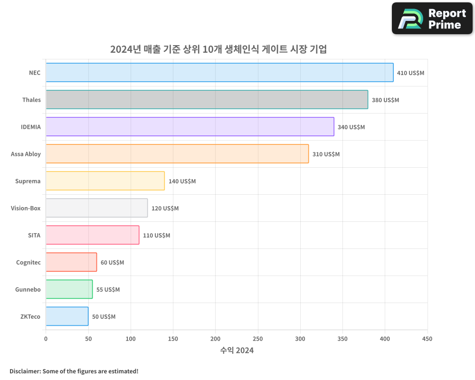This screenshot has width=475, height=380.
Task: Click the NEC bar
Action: [x=219, y=73]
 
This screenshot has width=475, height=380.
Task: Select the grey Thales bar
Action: [x=207, y=100]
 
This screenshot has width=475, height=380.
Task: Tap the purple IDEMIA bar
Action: [x=190, y=127]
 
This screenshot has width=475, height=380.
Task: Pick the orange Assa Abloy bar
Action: [x=177, y=154]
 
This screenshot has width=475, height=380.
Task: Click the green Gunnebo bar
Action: [x=69, y=289]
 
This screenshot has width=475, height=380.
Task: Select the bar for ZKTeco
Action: [x=67, y=316]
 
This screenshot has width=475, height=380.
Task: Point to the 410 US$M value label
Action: [x=410, y=73]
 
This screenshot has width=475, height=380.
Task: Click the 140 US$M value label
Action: [x=182, y=181]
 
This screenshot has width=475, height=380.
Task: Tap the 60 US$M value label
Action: [x=112, y=263]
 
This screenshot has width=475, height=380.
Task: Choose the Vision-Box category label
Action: [x=26, y=208]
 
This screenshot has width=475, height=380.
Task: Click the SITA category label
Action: [x=34, y=235]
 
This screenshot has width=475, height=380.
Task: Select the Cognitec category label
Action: [x=28, y=262]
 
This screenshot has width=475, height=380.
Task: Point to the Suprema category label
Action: [x=28, y=181]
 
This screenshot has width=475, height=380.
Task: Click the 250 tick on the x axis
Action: [x=258, y=339]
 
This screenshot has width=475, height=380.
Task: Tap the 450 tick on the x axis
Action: [x=427, y=339]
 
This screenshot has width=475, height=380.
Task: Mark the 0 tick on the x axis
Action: [x=46, y=339]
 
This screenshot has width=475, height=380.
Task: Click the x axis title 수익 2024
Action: [x=237, y=351]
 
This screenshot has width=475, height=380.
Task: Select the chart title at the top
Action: [x=218, y=49]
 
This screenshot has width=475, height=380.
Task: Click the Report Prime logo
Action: [x=432, y=19]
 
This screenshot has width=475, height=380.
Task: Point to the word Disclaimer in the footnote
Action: [x=25, y=371]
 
